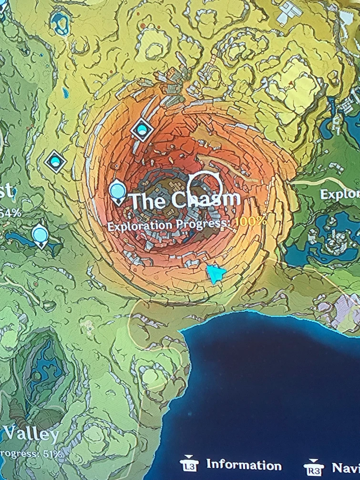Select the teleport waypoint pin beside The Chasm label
pyautogui.click(x=117, y=191)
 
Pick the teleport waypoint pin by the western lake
pyautogui.click(x=41, y=235)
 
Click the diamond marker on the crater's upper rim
pyautogui.click(x=142, y=129)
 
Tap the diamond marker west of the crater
pyautogui.click(x=56, y=162)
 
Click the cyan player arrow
pyautogui.click(x=216, y=274)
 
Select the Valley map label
pyautogui.click(x=31, y=434)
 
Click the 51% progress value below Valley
pyautogui.click(x=52, y=453)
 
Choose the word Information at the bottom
pyautogui.click(x=244, y=465)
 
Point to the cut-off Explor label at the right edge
pyautogui.click(x=339, y=194)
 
